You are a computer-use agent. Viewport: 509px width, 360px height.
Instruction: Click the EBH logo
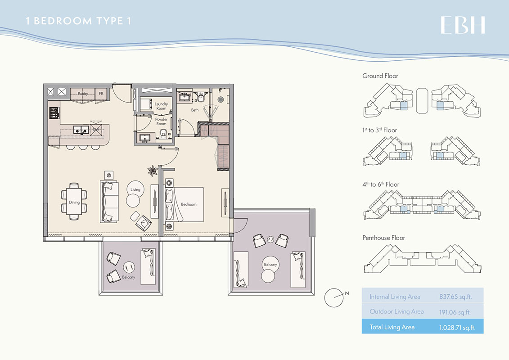tap(463, 25)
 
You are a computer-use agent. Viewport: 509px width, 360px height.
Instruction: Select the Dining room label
tap(74, 202)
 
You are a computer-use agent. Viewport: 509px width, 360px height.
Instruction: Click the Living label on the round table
tap(135, 190)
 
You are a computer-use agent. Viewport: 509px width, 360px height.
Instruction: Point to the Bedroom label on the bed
tap(189, 204)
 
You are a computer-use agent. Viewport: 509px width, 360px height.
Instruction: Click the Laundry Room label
tap(161, 106)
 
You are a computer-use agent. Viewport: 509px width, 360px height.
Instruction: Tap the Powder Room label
tap(161, 122)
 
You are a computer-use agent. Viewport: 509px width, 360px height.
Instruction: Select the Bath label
tap(194, 110)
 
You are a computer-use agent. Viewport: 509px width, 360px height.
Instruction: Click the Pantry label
tap(83, 94)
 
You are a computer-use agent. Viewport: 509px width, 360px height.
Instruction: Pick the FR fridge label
tap(101, 94)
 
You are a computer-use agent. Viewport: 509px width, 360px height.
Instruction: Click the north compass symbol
tap(334, 297)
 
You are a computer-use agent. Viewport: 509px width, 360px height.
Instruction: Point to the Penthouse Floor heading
tap(383, 238)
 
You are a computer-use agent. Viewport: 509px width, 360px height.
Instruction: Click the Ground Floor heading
tap(380, 76)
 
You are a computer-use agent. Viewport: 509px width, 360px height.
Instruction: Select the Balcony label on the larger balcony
tap(270, 265)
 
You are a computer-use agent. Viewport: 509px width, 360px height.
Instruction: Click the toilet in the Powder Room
tap(164, 134)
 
